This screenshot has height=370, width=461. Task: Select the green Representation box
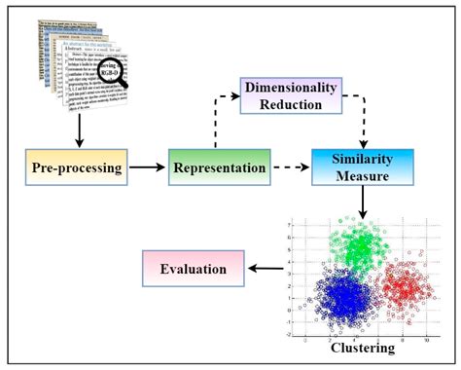click(x=219, y=167)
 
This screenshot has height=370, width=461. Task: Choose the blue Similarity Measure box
click(x=362, y=166)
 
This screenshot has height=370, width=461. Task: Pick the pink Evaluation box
click(x=194, y=269)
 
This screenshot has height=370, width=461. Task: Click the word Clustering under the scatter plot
click(x=361, y=346)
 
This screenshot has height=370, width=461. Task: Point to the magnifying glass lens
click(x=110, y=69)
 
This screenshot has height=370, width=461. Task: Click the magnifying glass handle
click(x=124, y=84)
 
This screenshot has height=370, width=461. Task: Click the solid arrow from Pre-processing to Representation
click(x=146, y=167)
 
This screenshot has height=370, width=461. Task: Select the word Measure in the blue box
click(x=362, y=176)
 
